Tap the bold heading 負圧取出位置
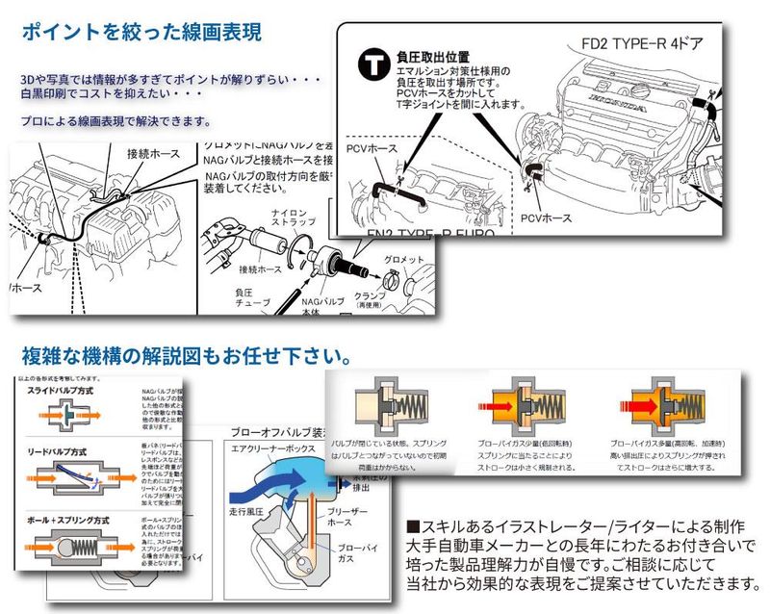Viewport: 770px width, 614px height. [432, 57]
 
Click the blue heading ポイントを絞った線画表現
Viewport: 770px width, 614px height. [141, 30]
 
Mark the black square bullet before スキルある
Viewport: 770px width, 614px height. [415, 527]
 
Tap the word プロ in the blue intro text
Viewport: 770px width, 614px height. [31, 122]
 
